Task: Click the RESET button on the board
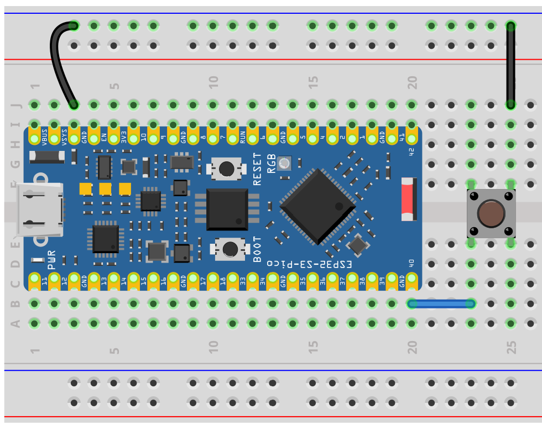tap(226, 169)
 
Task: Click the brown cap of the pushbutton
tap(491, 214)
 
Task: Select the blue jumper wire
tap(441, 303)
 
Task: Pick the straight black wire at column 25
tap(510, 65)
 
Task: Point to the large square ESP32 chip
tap(317, 207)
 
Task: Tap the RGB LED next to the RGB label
tap(284, 163)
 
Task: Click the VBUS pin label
tap(44, 135)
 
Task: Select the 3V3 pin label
tap(124, 137)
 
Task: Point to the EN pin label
tap(104, 134)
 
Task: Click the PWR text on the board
tap(52, 259)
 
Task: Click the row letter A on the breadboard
tap(15, 323)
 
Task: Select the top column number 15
tap(314, 83)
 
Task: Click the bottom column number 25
tap(512, 347)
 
